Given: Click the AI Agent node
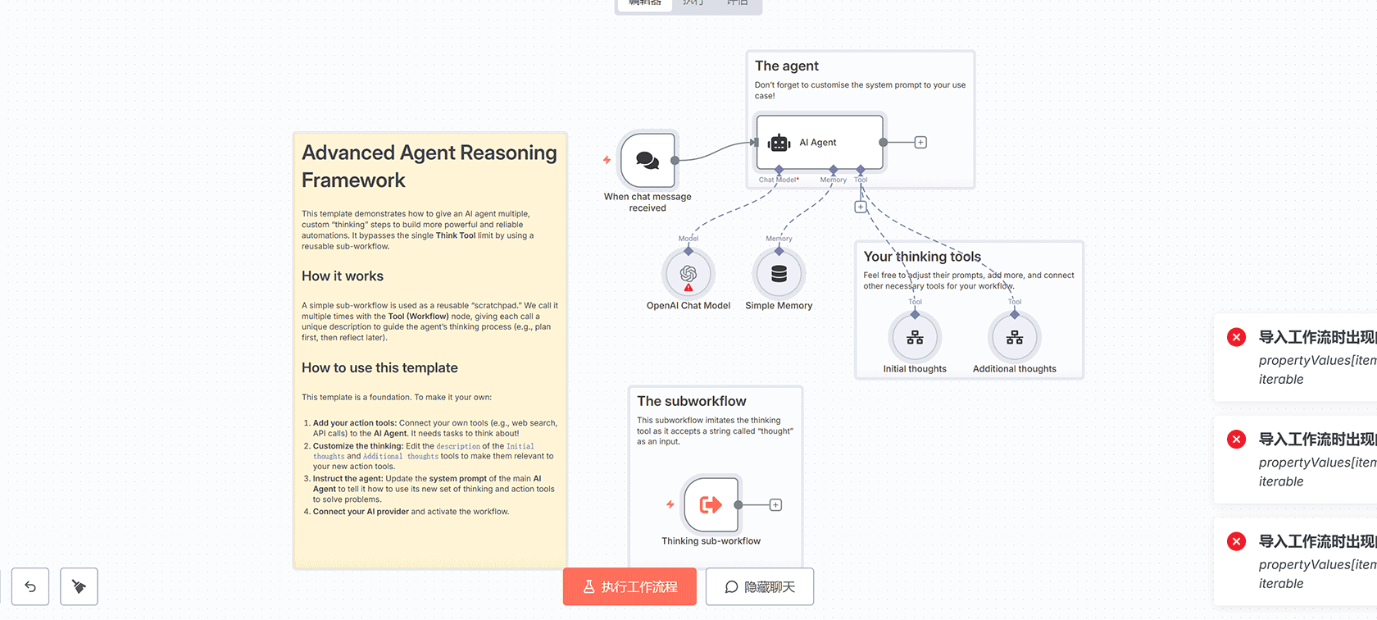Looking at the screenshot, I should (819, 143).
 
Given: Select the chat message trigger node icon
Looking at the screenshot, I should (648, 160).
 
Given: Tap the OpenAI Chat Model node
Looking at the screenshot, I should (688, 274).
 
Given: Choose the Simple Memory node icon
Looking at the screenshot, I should (779, 274).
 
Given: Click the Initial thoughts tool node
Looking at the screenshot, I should (915, 338).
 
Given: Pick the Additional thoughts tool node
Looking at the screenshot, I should (1015, 338).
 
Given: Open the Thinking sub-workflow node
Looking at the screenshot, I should (711, 504).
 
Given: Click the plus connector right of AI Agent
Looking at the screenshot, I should (920, 143).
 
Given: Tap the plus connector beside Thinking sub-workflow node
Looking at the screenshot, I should (775, 505).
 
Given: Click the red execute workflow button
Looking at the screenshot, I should (629, 587).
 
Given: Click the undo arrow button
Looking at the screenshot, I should (30, 586).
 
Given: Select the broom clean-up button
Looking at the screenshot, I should (79, 586).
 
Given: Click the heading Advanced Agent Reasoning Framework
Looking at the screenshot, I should (429, 166).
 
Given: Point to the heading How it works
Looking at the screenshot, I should (343, 276).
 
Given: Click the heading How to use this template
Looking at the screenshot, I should (379, 368).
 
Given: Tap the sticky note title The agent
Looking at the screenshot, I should (787, 66).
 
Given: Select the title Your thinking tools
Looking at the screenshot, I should (922, 257).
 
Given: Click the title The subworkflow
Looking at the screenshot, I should (692, 401).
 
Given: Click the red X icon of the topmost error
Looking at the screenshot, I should (1237, 337).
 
